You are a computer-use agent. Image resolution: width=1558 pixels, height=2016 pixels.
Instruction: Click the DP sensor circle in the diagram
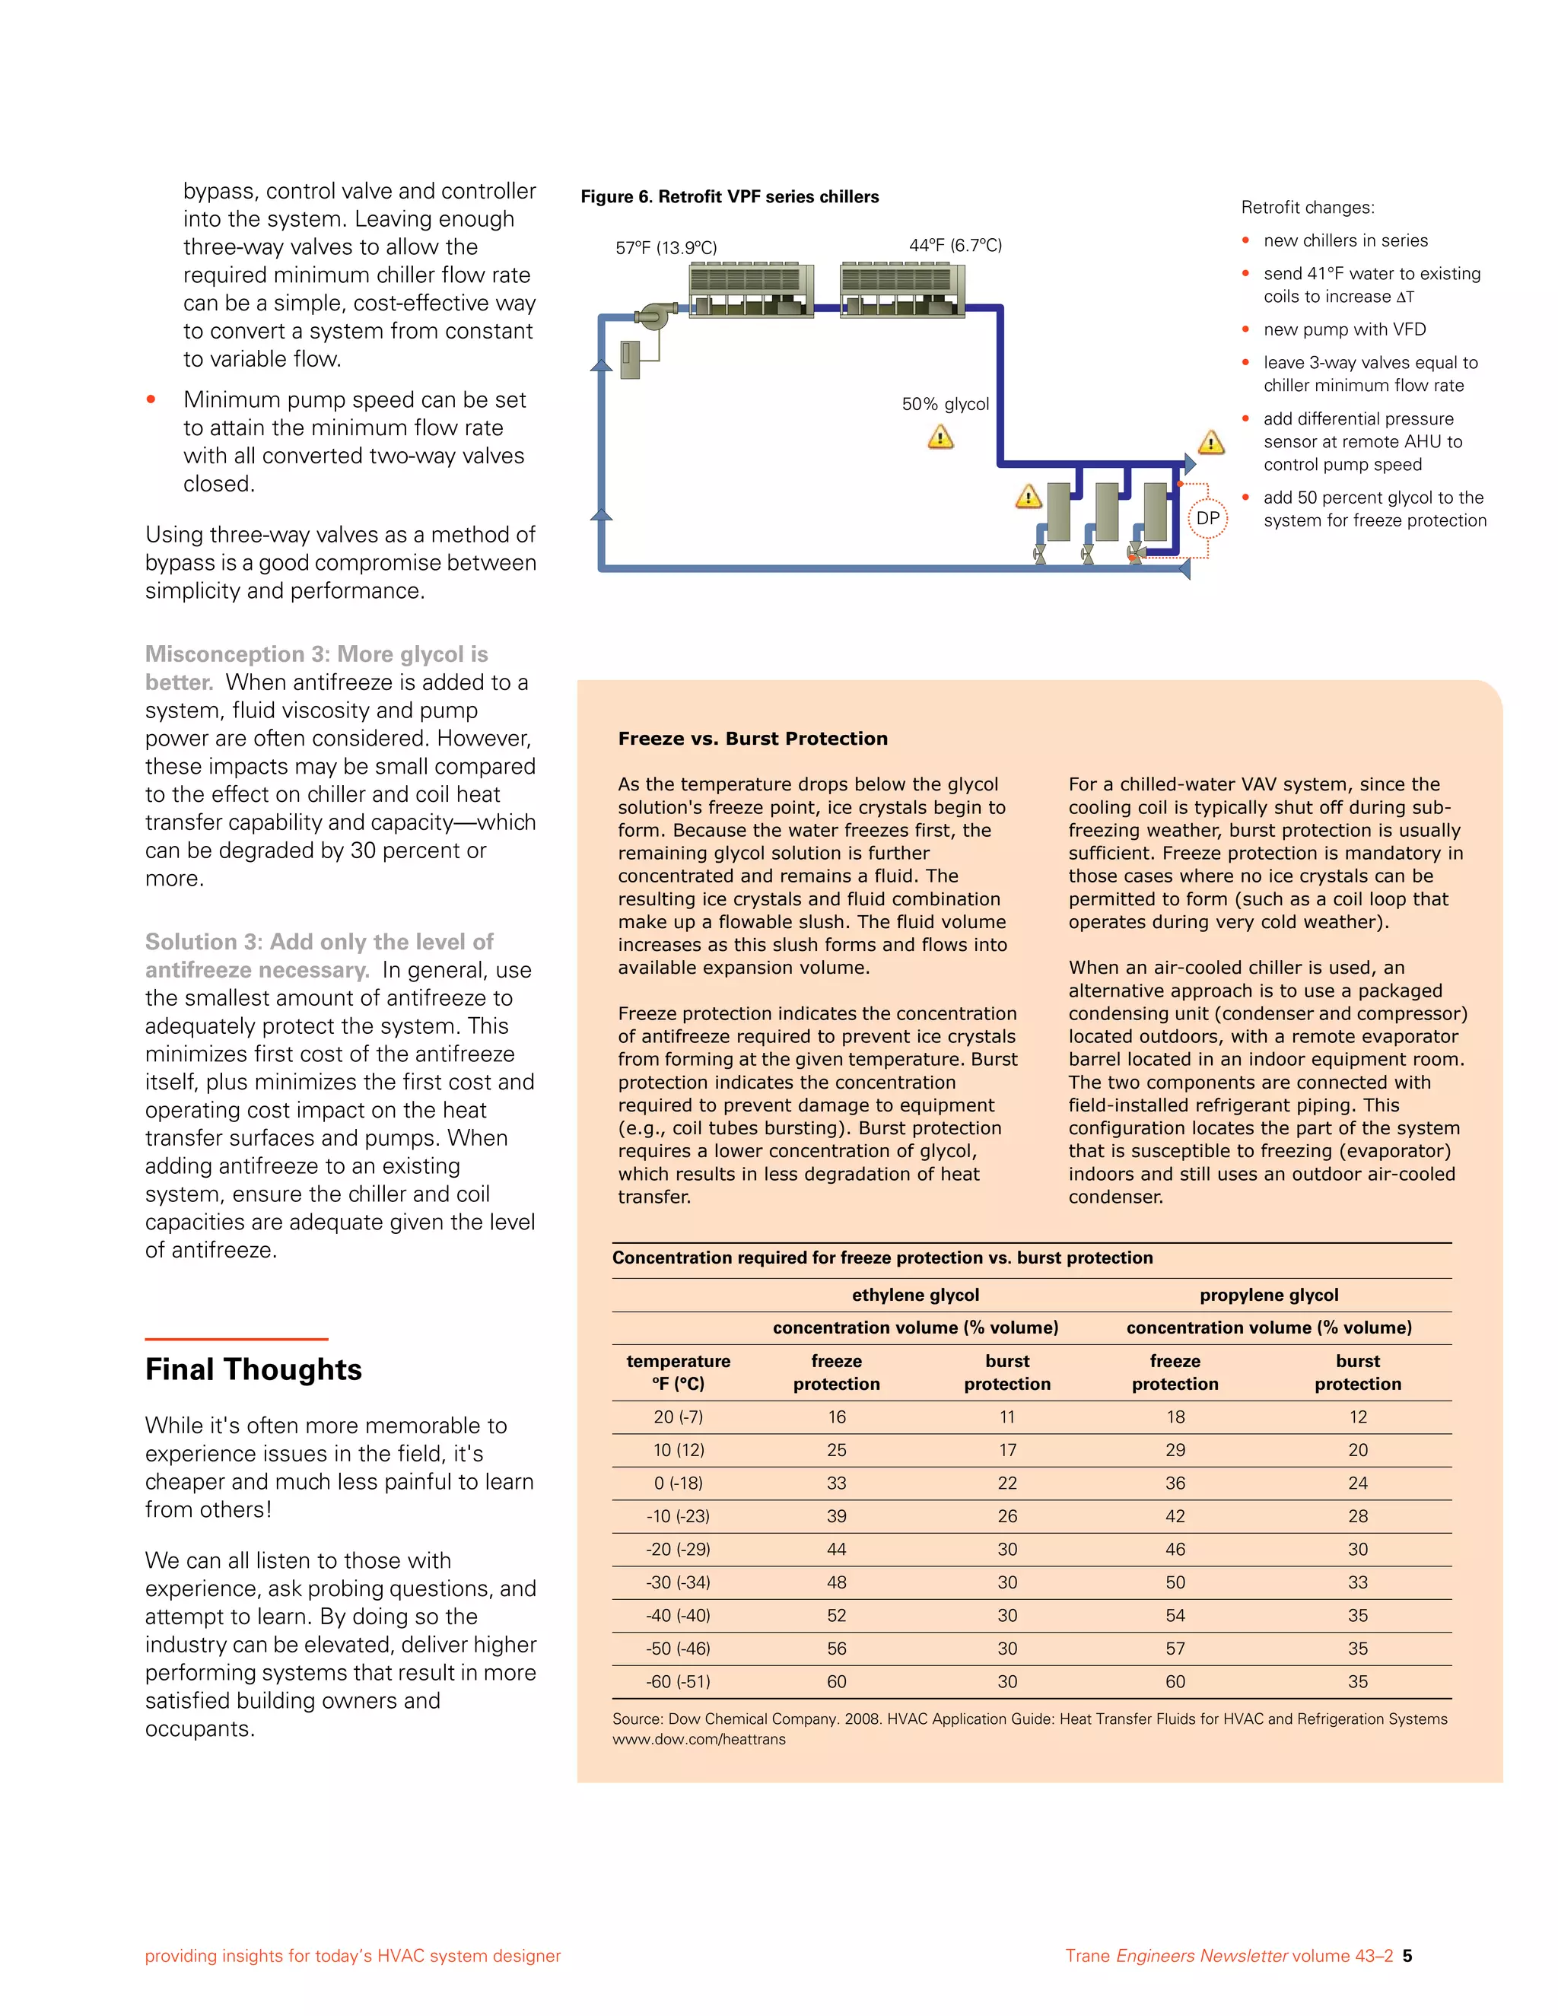click(1207, 518)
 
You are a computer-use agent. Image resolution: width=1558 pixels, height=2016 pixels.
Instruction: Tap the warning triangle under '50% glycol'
click(940, 437)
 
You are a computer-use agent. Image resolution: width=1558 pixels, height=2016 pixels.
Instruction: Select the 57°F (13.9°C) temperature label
click(666, 247)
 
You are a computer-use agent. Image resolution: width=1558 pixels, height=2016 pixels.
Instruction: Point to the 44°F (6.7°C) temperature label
click(955, 245)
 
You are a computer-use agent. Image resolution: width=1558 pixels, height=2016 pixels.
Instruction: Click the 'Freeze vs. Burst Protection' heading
click(752, 739)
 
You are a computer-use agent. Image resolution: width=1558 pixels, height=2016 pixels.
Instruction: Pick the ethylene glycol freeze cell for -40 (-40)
click(836, 1615)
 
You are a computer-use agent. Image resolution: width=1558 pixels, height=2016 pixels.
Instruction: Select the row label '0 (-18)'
click(679, 1483)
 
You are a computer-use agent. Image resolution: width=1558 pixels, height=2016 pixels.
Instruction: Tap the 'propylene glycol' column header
click(1268, 1295)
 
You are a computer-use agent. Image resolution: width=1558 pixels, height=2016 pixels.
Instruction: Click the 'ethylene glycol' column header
click(914, 1295)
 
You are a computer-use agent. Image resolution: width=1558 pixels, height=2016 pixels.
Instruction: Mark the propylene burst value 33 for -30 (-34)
click(1357, 1582)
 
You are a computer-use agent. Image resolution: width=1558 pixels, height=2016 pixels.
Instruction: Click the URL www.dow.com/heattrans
click(698, 1739)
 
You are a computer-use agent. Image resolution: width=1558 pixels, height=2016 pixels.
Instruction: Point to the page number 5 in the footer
click(1407, 1955)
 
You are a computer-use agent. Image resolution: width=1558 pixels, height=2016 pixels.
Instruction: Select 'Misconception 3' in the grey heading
click(237, 654)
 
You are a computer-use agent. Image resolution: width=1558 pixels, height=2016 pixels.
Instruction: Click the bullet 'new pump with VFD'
click(1344, 329)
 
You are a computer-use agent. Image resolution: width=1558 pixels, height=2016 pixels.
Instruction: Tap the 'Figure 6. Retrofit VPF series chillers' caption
click(729, 196)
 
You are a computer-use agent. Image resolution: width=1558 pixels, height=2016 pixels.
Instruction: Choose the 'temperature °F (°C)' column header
click(679, 1372)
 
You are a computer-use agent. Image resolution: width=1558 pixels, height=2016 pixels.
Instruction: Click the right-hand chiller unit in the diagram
click(901, 290)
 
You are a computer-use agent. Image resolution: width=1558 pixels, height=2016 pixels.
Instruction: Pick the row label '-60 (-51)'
click(679, 1681)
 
